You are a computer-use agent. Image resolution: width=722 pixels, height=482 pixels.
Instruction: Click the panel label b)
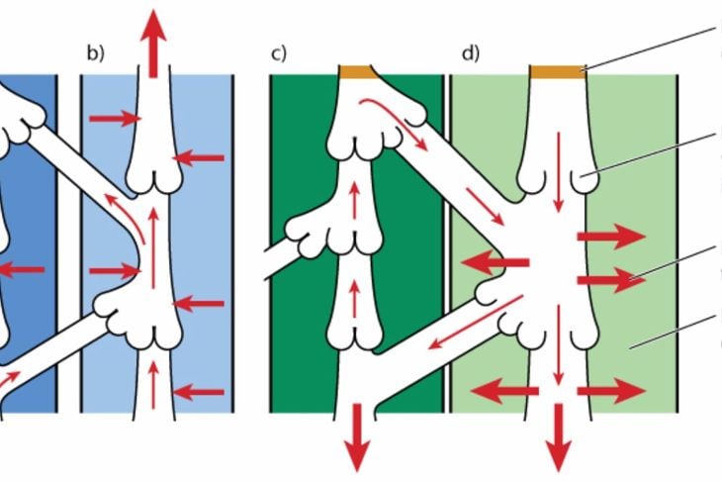point(96,53)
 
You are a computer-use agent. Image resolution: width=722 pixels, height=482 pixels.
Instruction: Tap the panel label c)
point(279,53)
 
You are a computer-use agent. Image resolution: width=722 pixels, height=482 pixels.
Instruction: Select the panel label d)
point(471,53)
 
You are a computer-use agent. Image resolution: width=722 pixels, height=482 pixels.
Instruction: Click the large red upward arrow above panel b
point(153,44)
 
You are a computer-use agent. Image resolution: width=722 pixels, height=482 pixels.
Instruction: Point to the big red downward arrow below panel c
point(357,437)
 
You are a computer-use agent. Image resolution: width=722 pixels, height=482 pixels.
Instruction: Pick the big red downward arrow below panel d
point(559,437)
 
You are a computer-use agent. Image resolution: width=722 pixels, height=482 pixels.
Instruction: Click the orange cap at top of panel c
point(359,72)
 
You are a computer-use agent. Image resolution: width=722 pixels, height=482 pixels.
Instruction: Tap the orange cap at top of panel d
point(558,72)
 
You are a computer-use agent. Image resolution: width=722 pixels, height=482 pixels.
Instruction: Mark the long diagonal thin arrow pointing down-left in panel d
point(475,323)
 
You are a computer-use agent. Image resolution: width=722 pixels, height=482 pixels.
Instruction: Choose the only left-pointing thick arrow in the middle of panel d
point(495,263)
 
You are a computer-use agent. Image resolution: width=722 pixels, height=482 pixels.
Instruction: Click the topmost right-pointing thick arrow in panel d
point(611,237)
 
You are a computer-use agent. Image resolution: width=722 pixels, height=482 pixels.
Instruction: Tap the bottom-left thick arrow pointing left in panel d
point(504,391)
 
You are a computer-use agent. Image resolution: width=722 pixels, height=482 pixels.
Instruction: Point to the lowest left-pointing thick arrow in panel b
point(199,393)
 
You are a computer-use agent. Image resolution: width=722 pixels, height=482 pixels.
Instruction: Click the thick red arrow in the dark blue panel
point(22,269)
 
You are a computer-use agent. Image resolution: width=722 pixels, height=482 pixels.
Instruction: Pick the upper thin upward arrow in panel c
point(354,199)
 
